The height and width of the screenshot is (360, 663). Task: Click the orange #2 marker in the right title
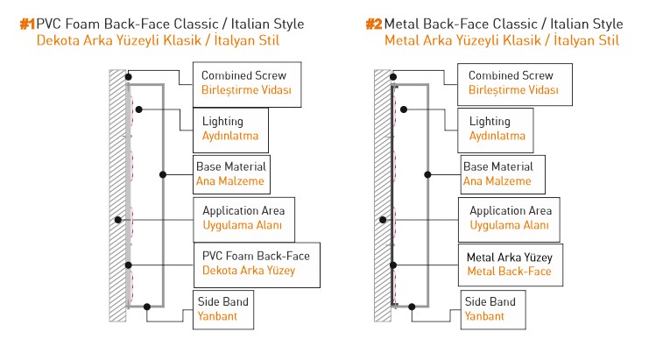tap(374, 24)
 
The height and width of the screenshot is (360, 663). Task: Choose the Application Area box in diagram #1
tap(243, 218)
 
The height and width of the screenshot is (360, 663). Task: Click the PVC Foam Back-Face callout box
tap(255, 263)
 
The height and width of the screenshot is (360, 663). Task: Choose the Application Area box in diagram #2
tap(510, 218)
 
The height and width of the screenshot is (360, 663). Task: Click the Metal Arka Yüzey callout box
tap(510, 263)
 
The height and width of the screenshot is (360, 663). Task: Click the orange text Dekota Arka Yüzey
tap(249, 271)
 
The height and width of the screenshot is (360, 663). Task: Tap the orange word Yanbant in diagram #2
tap(484, 315)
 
